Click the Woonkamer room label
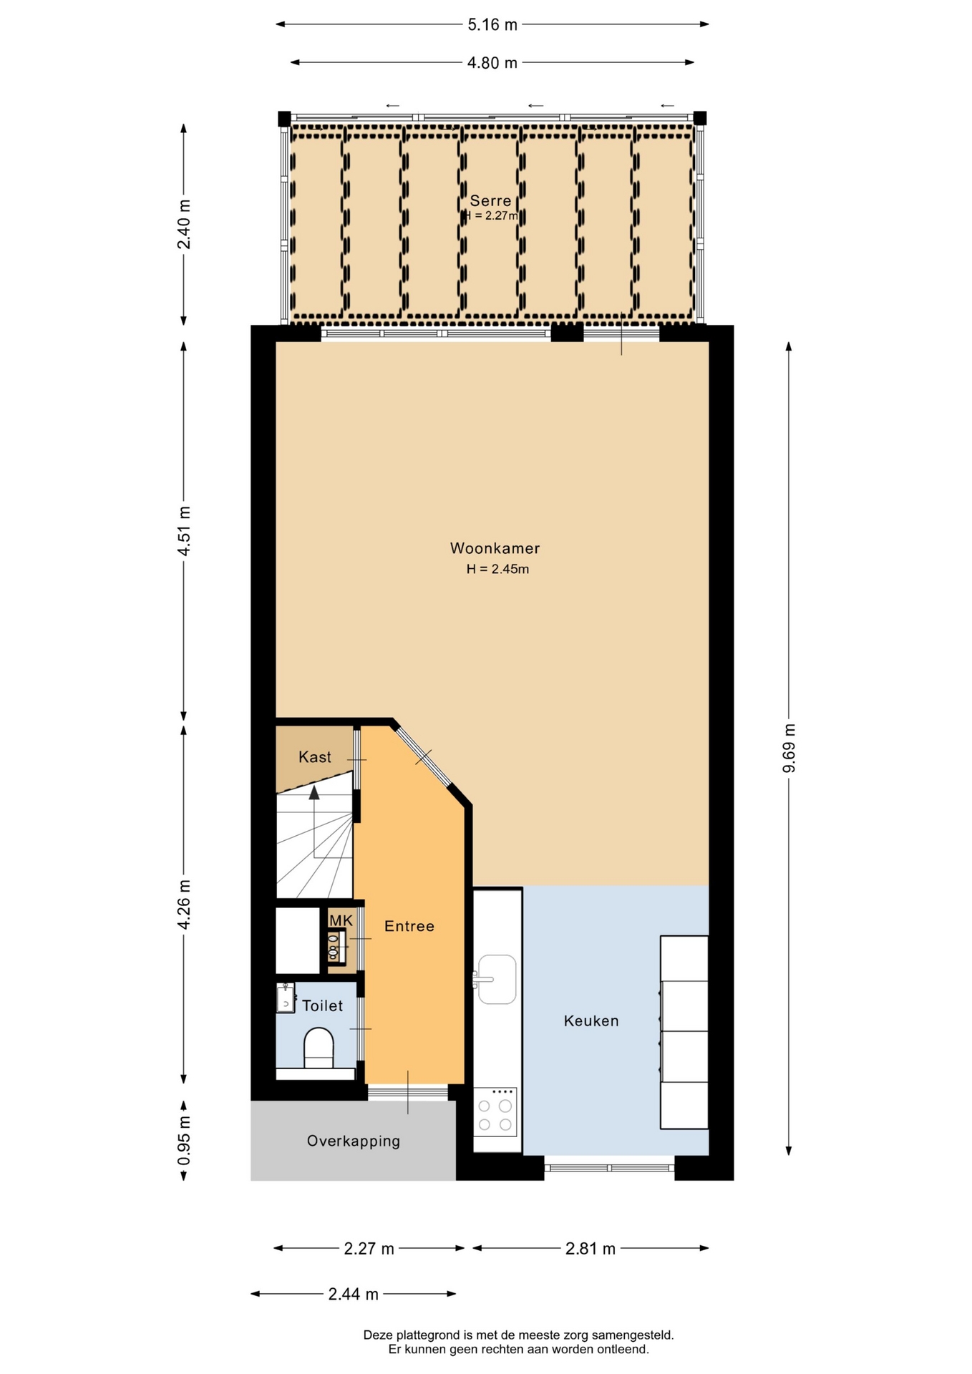(495, 548)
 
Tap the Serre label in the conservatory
(490, 201)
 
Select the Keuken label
(591, 1021)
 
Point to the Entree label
(409, 926)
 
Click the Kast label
(315, 757)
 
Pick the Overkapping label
(354, 1141)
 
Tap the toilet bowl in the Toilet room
(319, 1048)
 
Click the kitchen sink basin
(497, 979)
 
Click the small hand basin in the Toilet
(286, 998)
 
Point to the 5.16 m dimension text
(492, 25)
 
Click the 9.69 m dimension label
(789, 749)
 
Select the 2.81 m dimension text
(591, 1249)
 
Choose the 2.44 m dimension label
(354, 1294)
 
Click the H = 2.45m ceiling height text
(497, 570)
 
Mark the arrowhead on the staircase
(314, 792)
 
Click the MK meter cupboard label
(341, 920)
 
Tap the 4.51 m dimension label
(184, 531)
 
